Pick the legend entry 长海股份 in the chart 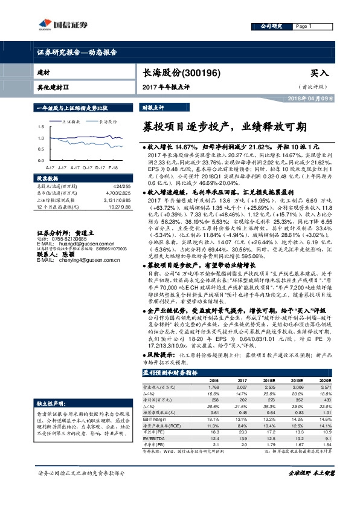click(x=109, y=121)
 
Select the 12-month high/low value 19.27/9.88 click(x=119, y=207)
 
